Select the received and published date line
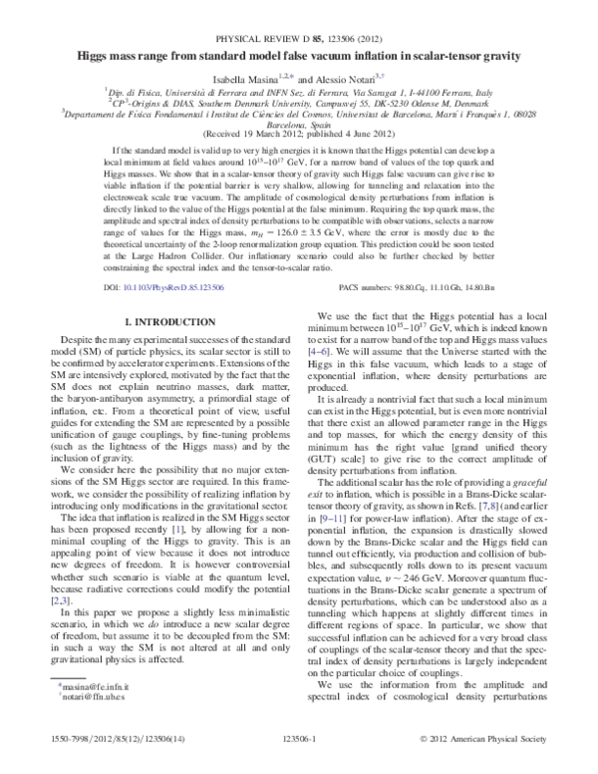point(299,133)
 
